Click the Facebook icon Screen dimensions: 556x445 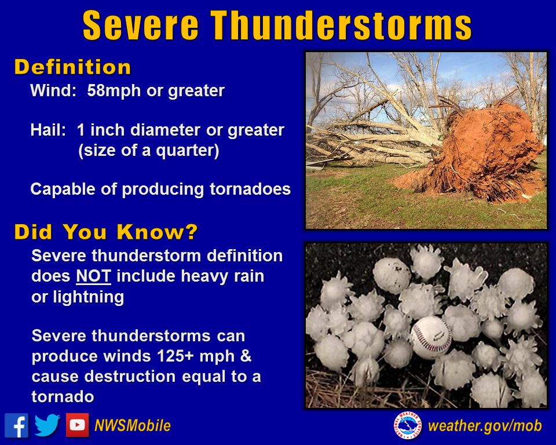click(16, 425)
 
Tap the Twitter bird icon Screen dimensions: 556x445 click(47, 425)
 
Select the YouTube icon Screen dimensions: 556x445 click(77, 425)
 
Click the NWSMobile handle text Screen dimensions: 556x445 click(133, 425)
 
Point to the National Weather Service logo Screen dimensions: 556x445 click(407, 425)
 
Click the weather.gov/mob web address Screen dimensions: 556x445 click(485, 426)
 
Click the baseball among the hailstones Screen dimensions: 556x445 click(431, 337)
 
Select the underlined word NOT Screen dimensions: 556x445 click(94, 276)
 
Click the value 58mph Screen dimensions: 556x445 click(114, 91)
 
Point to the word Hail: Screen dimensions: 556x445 click(48, 130)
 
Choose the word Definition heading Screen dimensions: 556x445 click(73, 67)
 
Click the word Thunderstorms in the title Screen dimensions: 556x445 click(341, 25)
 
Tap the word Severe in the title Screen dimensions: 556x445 click(140, 25)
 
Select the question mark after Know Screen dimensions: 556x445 click(191, 232)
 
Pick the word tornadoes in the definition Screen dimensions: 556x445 click(250, 189)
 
